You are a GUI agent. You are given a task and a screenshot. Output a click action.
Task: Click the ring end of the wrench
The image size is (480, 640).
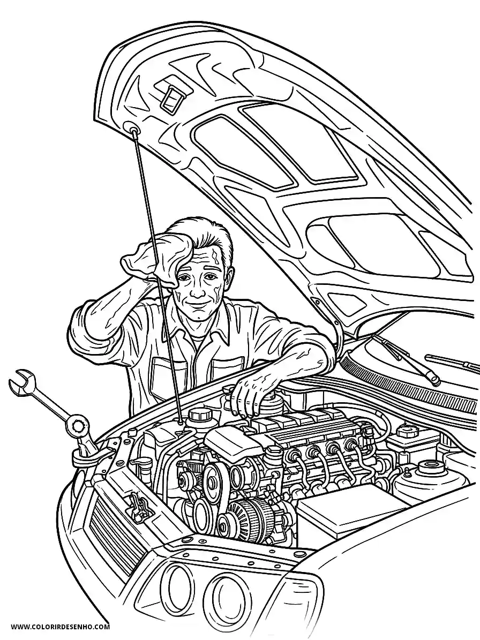tap(78, 426)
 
